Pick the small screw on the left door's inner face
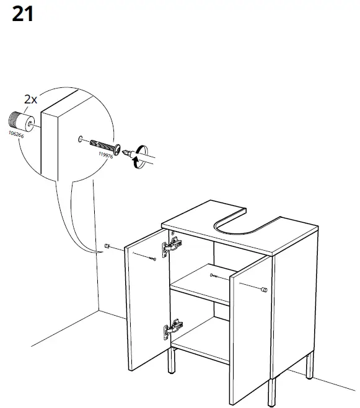[x=152, y=258]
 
